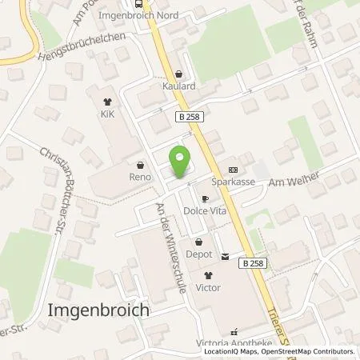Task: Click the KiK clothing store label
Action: point(108,114)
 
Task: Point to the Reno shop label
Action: point(140,176)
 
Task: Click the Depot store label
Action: point(199,254)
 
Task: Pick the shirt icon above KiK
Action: point(108,102)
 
